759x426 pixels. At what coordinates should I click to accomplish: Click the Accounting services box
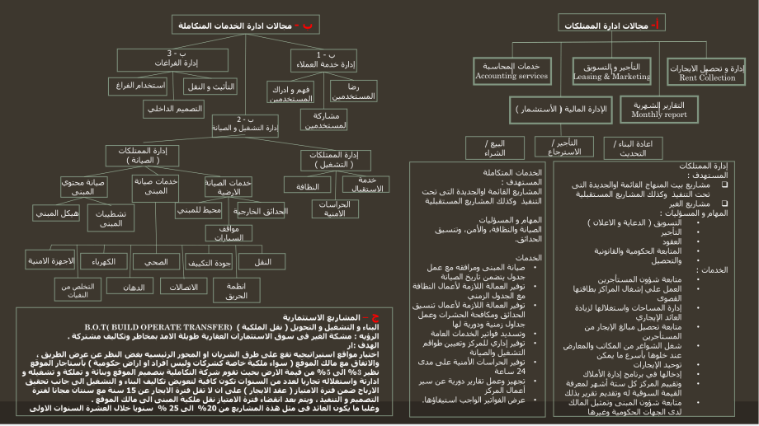[x=511, y=71]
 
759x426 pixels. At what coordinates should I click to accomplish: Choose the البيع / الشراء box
[x=494, y=147]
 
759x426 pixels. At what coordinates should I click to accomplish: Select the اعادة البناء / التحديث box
[x=633, y=148]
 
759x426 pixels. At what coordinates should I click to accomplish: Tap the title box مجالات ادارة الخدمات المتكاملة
[x=245, y=26]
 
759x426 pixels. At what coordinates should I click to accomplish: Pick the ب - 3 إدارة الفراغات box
[x=169, y=59]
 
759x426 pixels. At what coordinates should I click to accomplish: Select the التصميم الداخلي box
[x=173, y=108]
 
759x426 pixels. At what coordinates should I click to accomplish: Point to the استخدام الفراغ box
[x=137, y=86]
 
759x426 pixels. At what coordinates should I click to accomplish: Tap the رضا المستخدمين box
[x=353, y=91]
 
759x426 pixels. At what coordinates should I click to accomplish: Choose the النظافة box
[x=307, y=185]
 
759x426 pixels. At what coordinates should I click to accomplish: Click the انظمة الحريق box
[x=237, y=289]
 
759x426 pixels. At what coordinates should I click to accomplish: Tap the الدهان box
[x=133, y=288]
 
